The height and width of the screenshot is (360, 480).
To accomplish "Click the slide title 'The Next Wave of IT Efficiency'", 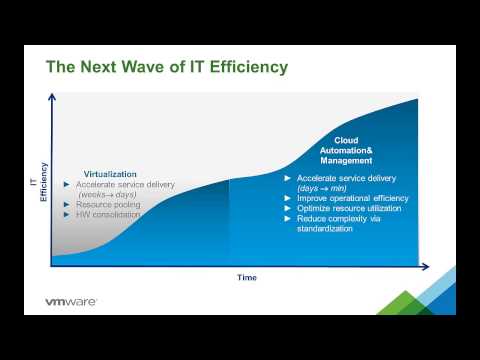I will [167, 67].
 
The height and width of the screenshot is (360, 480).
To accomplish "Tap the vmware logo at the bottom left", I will [71, 301].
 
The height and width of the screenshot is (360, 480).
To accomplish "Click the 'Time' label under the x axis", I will [246, 276].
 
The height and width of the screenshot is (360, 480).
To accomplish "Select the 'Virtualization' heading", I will [109, 173].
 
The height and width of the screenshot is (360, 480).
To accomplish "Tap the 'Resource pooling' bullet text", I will [108, 204].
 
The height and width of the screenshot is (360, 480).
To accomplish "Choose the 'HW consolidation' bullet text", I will [110, 214].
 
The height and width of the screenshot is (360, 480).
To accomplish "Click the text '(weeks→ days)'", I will [108, 194].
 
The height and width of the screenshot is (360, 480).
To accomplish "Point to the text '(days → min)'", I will [322, 188].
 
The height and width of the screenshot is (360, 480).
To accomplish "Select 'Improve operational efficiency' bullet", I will [352, 198].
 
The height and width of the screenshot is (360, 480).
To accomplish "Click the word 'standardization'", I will [327, 228].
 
